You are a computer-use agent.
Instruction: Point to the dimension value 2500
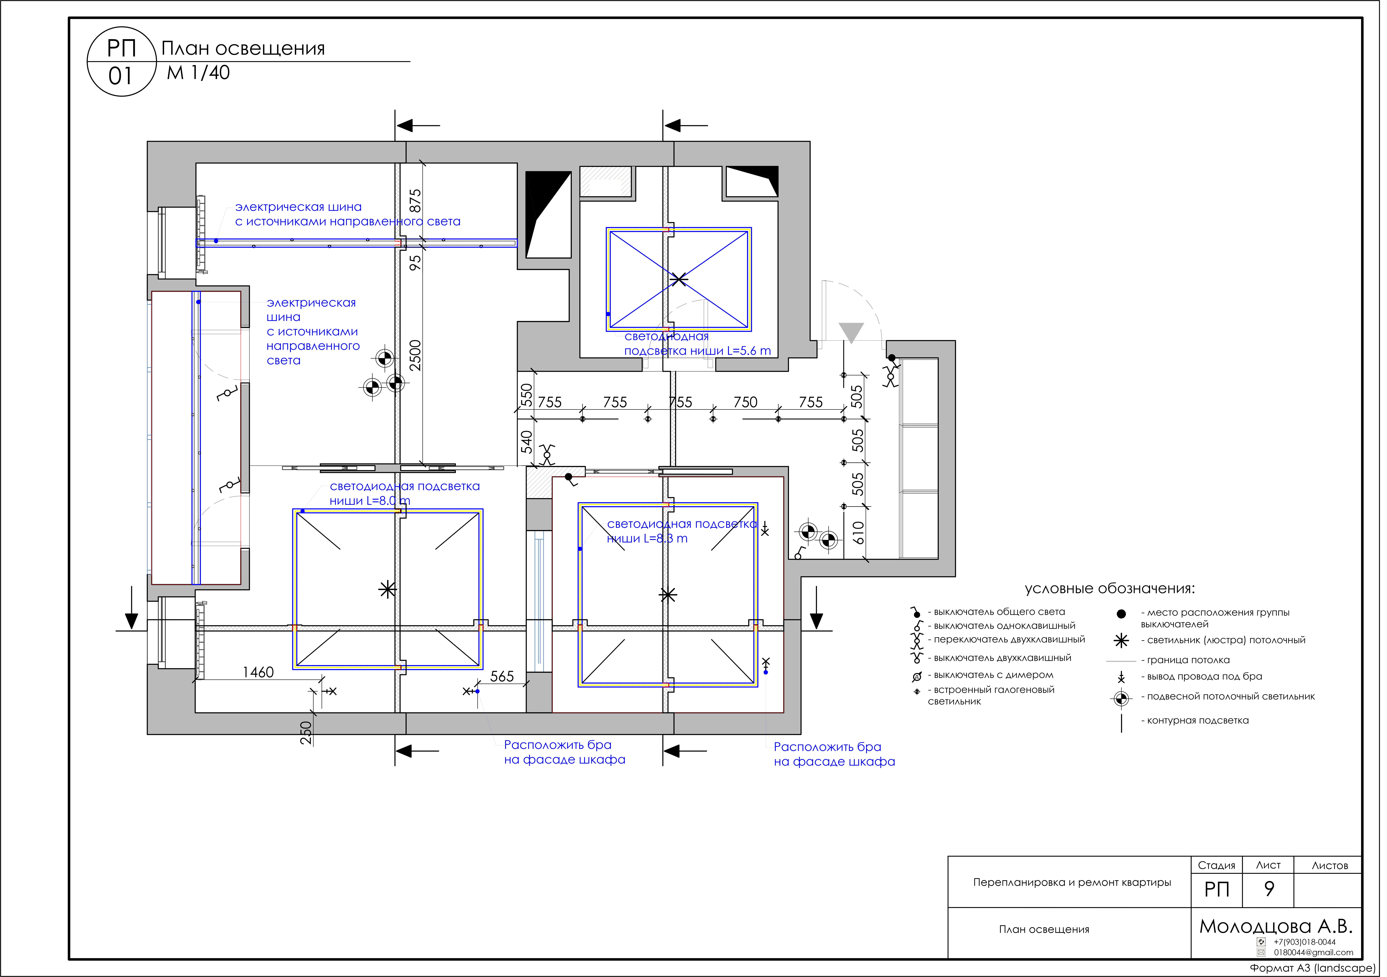point(415,355)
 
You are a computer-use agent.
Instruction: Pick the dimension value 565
point(502,676)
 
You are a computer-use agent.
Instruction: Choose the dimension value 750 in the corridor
point(745,402)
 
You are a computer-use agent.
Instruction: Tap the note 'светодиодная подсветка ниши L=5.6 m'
point(697,344)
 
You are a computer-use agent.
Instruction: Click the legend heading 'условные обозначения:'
point(1110,588)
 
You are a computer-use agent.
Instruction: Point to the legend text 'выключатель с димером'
point(994,675)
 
